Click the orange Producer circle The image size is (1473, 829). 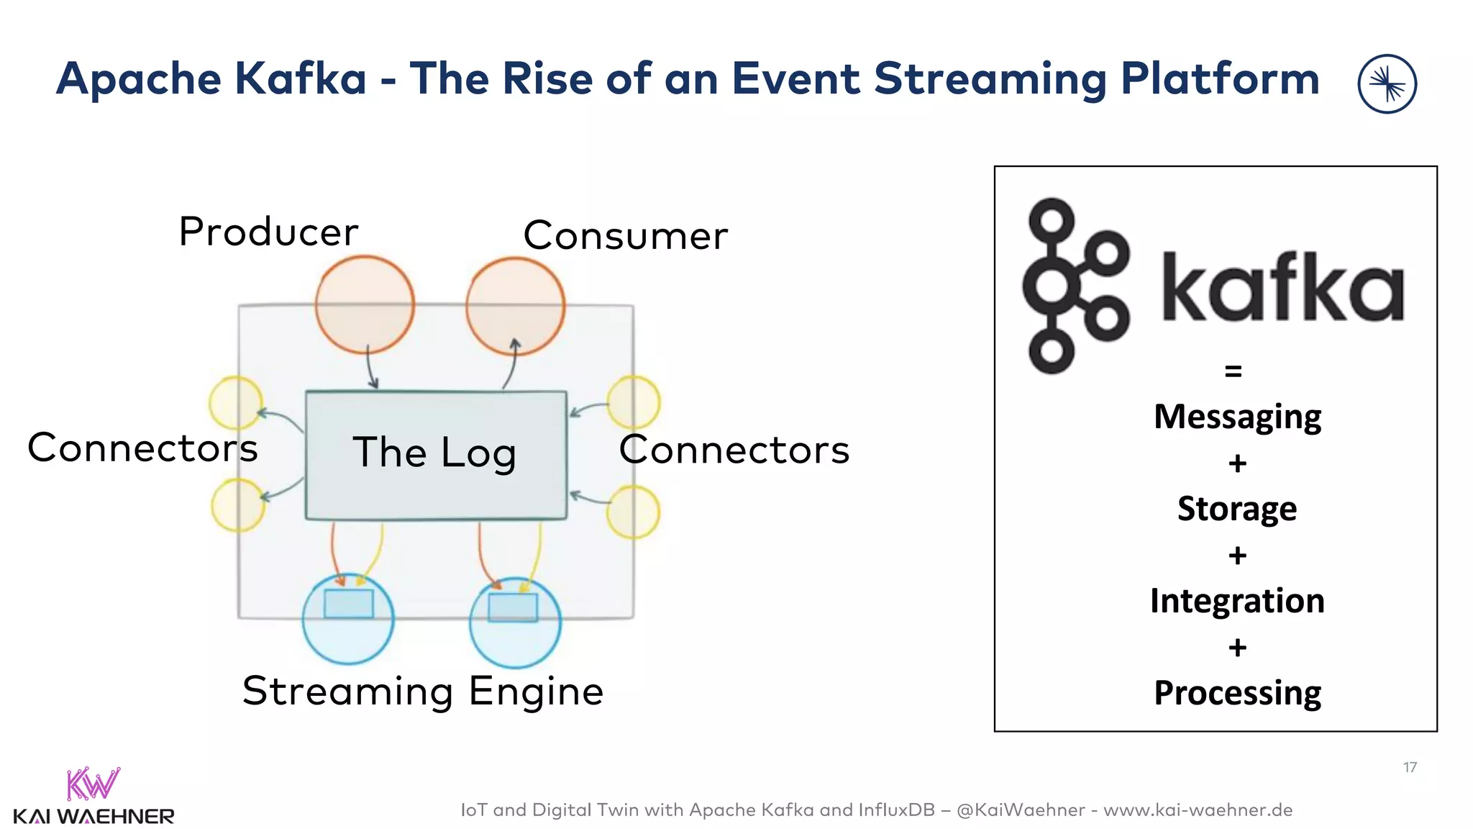[365, 304]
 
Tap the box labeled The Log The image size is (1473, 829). [436, 454]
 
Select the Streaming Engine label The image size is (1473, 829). [423, 692]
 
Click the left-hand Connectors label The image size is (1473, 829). [142, 448]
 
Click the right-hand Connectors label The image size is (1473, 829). [734, 450]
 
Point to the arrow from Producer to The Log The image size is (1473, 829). [371, 368]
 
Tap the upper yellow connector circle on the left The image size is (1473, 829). [235, 403]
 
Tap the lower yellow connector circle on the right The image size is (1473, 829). [633, 512]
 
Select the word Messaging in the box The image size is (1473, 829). [1237, 417]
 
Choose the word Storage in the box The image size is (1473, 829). [1237, 509]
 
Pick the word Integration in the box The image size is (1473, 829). [1237, 601]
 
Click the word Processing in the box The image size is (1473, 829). [1237, 693]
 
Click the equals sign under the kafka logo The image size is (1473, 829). [1233, 371]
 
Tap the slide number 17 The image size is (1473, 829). [1410, 768]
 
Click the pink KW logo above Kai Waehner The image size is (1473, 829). [93, 784]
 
